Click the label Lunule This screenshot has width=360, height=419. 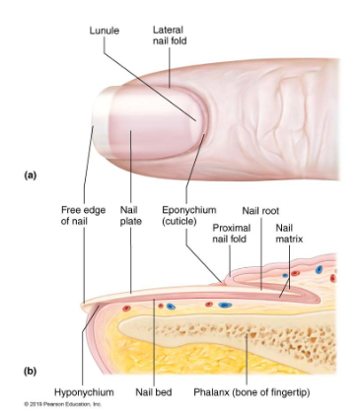[x=104, y=31]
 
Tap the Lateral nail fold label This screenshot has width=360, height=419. [x=170, y=35]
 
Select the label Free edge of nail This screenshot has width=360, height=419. [x=82, y=215]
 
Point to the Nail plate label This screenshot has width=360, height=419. [x=130, y=215]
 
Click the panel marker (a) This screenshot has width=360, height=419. [x=31, y=175]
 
